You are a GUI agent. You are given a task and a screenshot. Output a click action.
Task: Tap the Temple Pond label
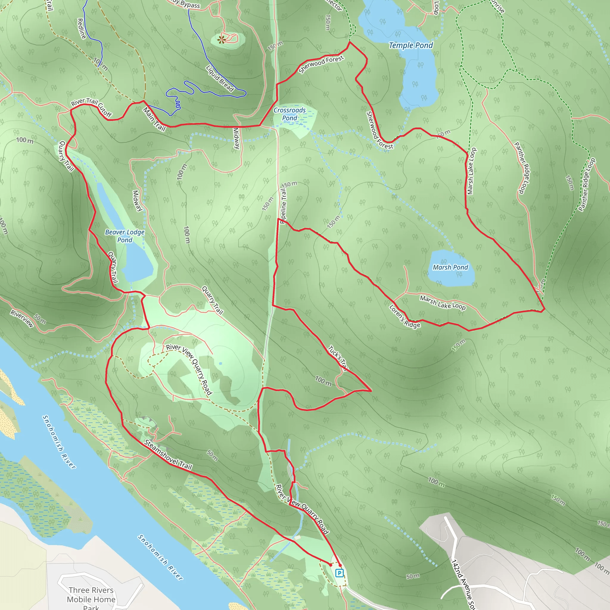(x=410, y=46)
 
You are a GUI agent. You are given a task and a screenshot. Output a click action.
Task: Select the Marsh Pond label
(x=450, y=267)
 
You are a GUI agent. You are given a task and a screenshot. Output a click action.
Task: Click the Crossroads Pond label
(x=290, y=114)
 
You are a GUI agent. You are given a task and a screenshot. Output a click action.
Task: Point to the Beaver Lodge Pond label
(x=125, y=236)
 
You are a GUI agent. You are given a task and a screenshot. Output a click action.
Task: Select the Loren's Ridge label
(x=404, y=316)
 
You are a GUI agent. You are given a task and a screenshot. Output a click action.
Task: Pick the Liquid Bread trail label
(x=220, y=78)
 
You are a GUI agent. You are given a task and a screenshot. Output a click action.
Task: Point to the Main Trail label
(x=154, y=119)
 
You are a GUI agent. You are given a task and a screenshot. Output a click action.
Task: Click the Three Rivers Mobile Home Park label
(x=91, y=599)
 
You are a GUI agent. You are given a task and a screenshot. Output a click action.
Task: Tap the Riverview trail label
(x=22, y=319)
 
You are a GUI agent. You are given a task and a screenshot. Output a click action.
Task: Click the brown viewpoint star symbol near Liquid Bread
(x=222, y=40)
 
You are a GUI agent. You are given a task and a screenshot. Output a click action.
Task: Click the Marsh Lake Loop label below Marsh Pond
(x=442, y=303)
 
